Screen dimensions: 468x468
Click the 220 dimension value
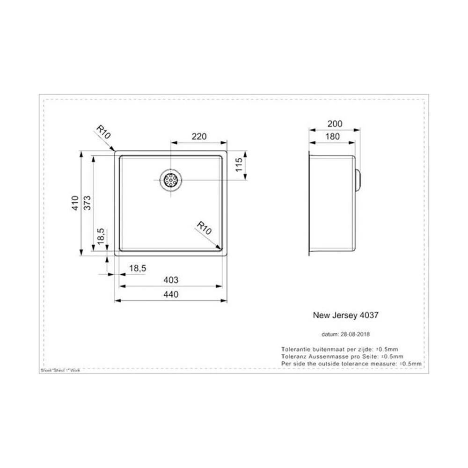(x=199, y=137)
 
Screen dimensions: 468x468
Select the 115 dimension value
(x=238, y=166)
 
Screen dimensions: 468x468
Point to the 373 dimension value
(x=88, y=203)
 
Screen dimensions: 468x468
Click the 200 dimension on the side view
(x=335, y=124)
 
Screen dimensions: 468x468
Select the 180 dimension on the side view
(x=333, y=137)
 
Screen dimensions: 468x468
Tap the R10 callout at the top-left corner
(x=103, y=132)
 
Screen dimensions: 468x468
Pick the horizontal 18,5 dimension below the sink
(x=138, y=268)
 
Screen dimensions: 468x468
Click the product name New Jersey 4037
(x=345, y=315)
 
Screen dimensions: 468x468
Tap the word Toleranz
(x=292, y=356)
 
